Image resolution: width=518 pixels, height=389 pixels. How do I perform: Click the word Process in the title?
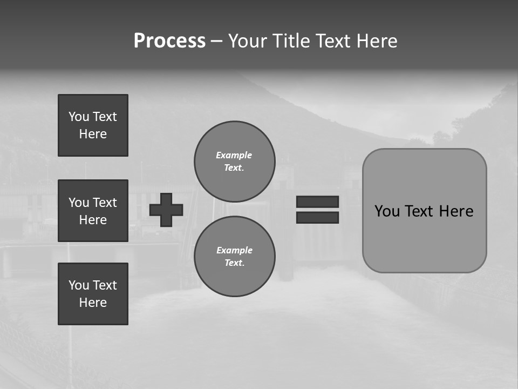(169, 41)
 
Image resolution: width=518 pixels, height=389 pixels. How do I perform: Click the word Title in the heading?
(290, 41)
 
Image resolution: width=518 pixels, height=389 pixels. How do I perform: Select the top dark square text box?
(93, 125)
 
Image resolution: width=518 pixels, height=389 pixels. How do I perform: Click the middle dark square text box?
(93, 211)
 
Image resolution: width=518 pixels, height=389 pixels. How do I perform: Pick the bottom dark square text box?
(93, 294)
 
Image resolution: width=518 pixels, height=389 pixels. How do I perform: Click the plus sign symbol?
(166, 210)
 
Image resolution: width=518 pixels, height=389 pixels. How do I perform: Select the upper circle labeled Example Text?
(235, 162)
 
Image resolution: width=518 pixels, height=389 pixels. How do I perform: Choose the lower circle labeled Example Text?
(235, 257)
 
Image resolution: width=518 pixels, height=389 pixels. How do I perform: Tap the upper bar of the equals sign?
(317, 202)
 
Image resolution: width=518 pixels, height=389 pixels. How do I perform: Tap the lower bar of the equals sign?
(317, 217)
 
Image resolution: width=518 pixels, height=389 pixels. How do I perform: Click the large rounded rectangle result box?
(424, 238)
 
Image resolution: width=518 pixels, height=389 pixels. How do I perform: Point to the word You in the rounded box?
(387, 211)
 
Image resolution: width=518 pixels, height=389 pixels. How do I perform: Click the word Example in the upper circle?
(234, 155)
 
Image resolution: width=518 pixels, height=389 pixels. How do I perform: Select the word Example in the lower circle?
(234, 250)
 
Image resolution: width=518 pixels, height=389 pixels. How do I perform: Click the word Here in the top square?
(93, 134)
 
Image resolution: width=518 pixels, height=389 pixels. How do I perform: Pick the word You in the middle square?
(79, 203)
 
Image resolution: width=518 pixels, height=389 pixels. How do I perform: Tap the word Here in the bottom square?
(93, 303)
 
